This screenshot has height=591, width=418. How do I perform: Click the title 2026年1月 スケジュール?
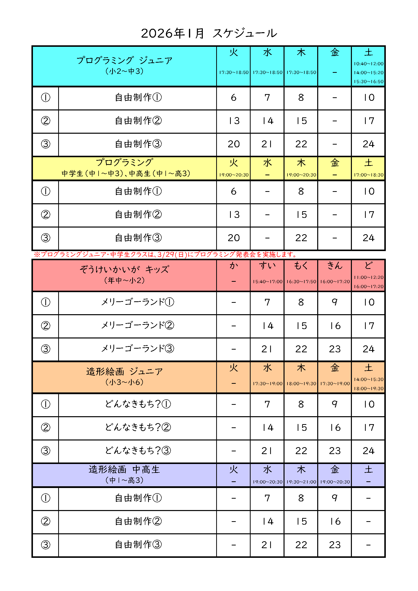point(209,33)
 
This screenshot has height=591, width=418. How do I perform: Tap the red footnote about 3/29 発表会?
point(165,255)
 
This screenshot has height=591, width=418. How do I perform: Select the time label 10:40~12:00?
point(368,64)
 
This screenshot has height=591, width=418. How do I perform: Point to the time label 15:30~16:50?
point(368,82)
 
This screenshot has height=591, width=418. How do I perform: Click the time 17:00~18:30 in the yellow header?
point(368,175)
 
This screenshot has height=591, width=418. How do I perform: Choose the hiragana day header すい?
point(267,265)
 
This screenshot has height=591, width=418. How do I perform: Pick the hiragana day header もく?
point(301,265)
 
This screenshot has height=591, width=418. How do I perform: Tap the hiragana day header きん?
point(335,265)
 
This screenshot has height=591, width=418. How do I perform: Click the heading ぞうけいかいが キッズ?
point(124,269)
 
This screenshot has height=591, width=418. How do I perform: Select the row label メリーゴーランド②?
point(137,325)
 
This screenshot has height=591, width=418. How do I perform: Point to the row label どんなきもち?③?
point(137,450)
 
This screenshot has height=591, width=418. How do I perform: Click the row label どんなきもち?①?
point(137,404)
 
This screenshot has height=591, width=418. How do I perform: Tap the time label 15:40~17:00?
point(267,282)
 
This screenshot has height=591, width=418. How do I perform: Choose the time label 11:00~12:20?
point(368,277)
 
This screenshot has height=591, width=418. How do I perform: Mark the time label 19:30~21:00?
point(301,482)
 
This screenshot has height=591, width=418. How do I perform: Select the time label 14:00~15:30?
point(368,379)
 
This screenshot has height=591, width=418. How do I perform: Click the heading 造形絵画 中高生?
point(124,469)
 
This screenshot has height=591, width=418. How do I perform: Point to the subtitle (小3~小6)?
point(124,382)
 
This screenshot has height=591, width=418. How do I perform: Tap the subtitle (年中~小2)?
point(124,280)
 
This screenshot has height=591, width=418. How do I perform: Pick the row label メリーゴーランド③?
point(137,349)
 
